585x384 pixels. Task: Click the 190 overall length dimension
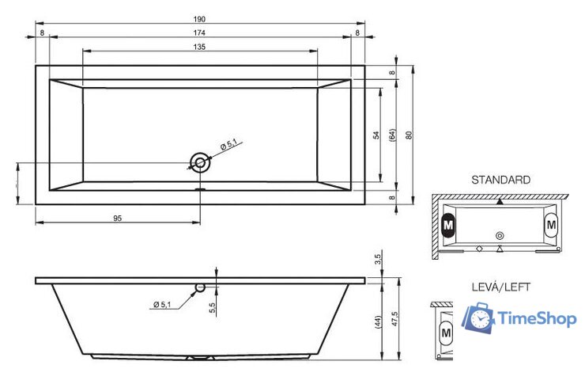click(x=199, y=19)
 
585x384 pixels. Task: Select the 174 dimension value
click(x=199, y=33)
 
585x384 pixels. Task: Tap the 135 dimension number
click(x=199, y=47)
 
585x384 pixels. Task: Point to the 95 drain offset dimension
click(x=118, y=219)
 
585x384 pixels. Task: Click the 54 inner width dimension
click(x=376, y=135)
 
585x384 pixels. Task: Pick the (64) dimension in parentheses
click(x=392, y=135)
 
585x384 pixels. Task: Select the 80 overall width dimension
click(x=409, y=135)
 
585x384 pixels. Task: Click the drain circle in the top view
click(x=200, y=162)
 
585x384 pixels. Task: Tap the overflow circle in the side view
click(x=200, y=287)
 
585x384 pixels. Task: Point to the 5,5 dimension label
click(x=213, y=307)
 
